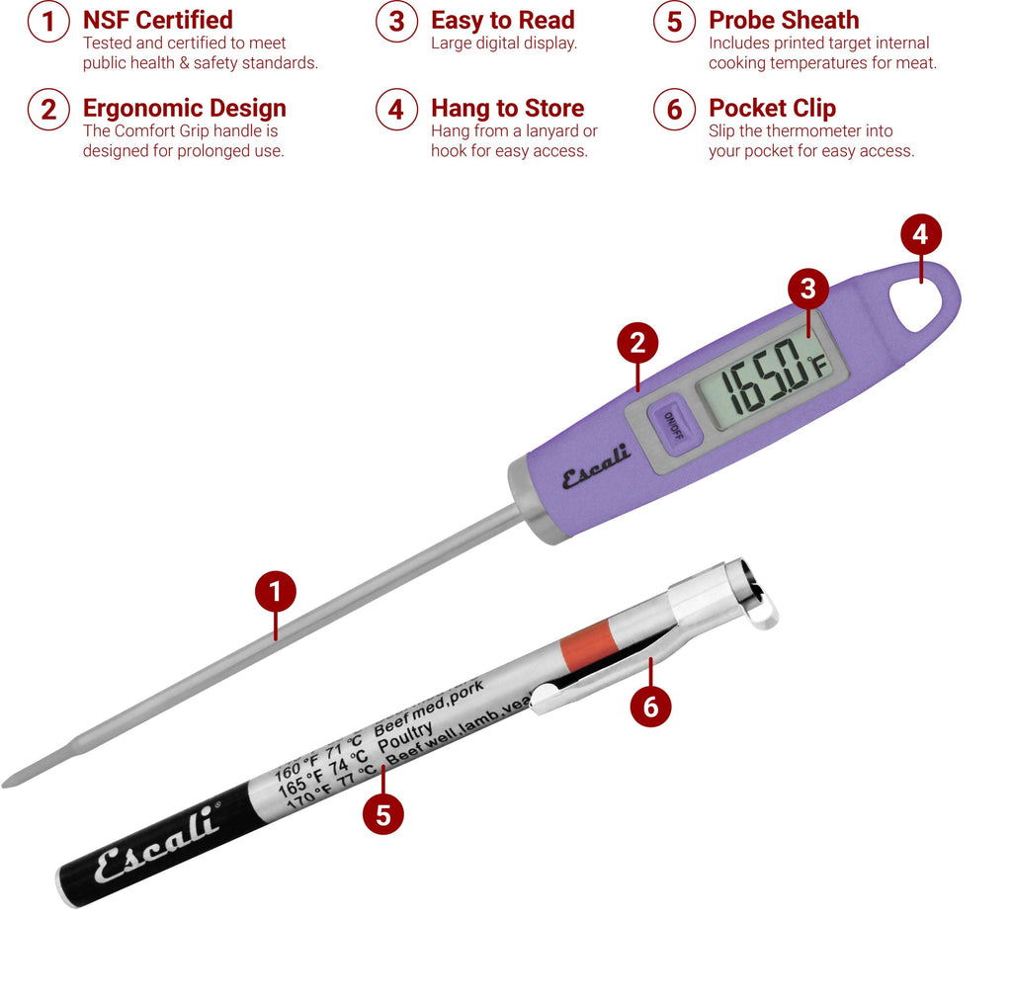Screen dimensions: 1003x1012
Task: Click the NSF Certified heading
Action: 157,20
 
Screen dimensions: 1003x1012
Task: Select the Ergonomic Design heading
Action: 184,108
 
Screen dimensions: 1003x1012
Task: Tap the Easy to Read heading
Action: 502,20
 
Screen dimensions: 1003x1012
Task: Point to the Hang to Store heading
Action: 507,108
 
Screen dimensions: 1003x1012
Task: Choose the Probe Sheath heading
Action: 784,20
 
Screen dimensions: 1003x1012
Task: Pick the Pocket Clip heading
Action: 772,108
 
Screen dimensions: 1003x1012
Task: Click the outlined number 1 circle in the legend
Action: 48,22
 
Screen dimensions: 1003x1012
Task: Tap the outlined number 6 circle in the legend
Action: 674,110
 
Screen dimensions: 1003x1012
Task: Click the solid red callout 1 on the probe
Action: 276,592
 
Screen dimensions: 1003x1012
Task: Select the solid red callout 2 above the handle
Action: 637,343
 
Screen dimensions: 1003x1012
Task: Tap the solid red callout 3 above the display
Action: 808,289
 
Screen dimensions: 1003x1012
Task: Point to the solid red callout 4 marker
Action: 921,235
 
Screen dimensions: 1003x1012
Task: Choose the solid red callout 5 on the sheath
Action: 383,814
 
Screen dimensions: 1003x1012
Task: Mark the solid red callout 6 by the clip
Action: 650,707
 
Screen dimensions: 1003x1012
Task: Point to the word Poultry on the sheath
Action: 405,741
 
